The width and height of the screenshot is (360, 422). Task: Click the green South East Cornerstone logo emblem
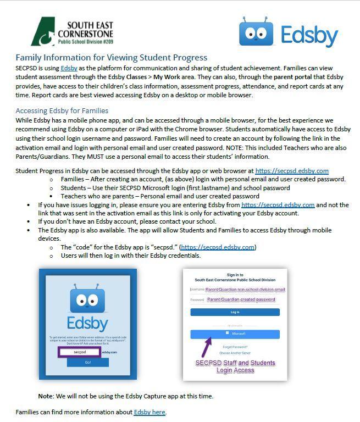[44, 32]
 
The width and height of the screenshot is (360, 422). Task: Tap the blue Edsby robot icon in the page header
[256, 32]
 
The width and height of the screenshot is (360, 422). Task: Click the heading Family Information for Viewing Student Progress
[111, 57]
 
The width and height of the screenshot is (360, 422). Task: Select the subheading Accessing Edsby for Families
[62, 110]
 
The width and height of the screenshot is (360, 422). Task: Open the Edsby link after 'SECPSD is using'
[69, 68]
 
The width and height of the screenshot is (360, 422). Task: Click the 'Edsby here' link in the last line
[149, 412]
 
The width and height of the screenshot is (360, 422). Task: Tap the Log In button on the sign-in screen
[235, 312]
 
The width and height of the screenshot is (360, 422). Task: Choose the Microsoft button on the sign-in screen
[235, 334]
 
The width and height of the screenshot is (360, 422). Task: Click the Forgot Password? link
[235, 347]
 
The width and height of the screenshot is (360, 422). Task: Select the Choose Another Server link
[235, 353]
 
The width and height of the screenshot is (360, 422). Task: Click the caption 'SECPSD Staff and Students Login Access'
[235, 367]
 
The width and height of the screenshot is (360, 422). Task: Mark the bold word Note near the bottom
[45, 396]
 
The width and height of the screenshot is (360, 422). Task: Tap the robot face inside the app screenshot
[87, 300]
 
